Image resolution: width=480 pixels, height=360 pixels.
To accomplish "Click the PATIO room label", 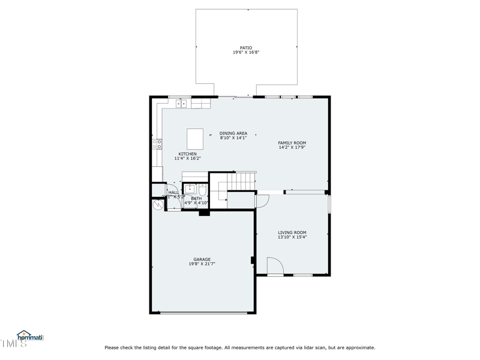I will pos(246,48).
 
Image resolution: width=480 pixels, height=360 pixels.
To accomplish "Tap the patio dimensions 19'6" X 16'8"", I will pos(246,53).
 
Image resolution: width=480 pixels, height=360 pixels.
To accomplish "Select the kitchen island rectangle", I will pos(194,139).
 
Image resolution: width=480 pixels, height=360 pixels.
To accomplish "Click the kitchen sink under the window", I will pos(181,104).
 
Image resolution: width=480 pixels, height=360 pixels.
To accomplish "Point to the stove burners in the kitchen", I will pos(157,144).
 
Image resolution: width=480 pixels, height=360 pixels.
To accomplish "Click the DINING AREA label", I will pos(233,133).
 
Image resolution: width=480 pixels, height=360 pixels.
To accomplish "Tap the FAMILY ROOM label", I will pos(292,143).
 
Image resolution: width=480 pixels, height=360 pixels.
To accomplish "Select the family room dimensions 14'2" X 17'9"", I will pos(292,148).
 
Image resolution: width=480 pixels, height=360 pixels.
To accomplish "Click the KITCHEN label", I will pos(187,154).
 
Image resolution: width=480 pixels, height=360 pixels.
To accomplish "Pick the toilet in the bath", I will pos(202,190).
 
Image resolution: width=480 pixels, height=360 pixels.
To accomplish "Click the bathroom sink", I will pos(190,190).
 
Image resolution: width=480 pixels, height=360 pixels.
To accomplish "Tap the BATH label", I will pos(196,198).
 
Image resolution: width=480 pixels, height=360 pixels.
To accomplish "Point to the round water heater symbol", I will pos(158,204).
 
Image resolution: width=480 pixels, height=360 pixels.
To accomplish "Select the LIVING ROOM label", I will pos(292,232).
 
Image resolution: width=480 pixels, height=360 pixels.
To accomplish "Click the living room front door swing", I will pos(274,266).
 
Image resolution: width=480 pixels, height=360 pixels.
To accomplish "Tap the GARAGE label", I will pos(202,259).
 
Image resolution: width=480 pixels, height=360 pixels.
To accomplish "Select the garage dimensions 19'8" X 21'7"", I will pos(202,264).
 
